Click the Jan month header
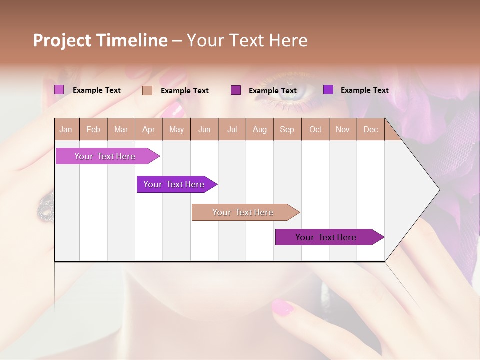[x=66, y=130]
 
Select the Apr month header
[x=148, y=130]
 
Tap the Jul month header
[x=232, y=130]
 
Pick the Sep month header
[x=287, y=130]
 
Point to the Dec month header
[x=370, y=130]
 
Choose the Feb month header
[x=93, y=130]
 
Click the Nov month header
[x=342, y=130]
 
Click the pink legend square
[x=59, y=90]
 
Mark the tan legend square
[x=147, y=90]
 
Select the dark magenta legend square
[x=236, y=90]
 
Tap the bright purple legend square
[x=328, y=90]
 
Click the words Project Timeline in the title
[x=100, y=40]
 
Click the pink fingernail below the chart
[x=282, y=307]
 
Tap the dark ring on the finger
[x=46, y=205]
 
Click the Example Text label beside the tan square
[x=185, y=91]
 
